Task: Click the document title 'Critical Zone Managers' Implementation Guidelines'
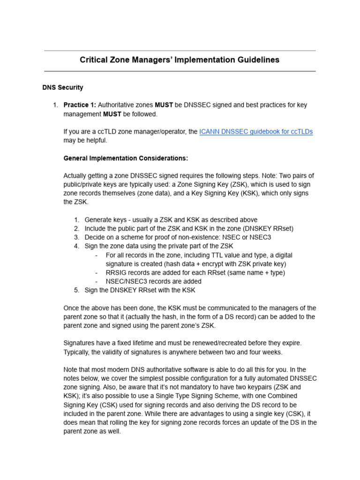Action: tap(180, 60)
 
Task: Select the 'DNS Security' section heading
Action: tap(63, 87)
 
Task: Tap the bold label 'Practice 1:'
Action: tap(80, 105)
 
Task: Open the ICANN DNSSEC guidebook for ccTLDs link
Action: tap(256, 132)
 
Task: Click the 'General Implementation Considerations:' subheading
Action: tap(126, 158)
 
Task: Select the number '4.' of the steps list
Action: tap(76, 246)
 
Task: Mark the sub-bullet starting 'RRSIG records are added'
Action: tap(195, 273)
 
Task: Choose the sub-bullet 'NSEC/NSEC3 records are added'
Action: tap(153, 281)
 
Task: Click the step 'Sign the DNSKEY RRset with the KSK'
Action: tap(140, 290)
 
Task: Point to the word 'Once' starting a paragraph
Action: tap(72, 308)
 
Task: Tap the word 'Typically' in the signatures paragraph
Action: tap(78, 352)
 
